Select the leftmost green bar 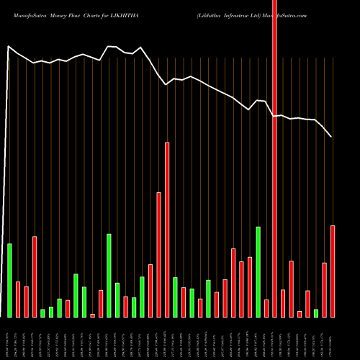click(x=9, y=280)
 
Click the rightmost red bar click(x=333, y=271)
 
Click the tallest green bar click(x=258, y=271)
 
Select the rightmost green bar click(x=316, y=312)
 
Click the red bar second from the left click(x=26, y=302)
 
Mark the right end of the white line click(x=331, y=136)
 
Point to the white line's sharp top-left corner click(x=9, y=47)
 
